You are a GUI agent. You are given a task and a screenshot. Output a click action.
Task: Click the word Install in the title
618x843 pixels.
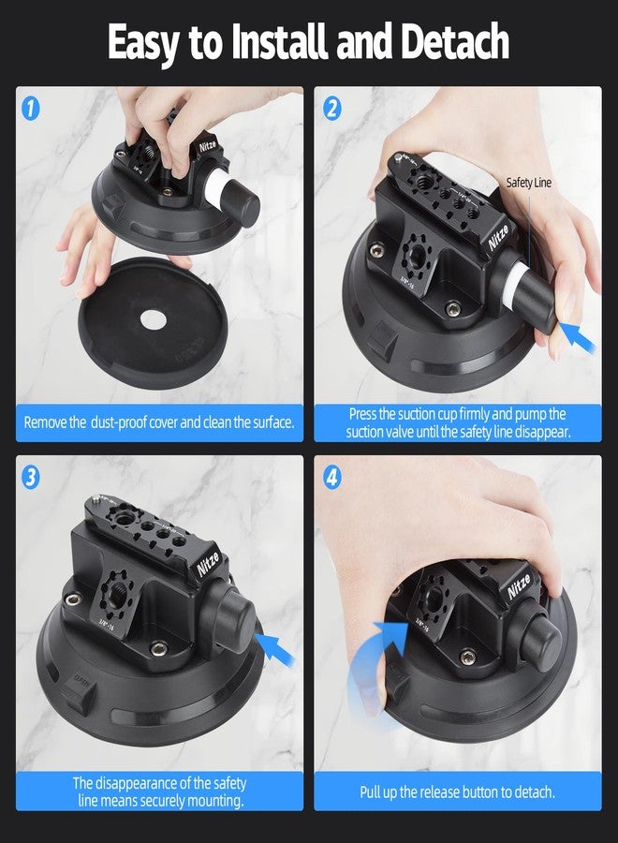(278, 42)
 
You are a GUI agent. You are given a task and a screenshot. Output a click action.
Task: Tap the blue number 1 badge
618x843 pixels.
(31, 109)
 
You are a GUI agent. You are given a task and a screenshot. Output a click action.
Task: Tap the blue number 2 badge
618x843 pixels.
(332, 109)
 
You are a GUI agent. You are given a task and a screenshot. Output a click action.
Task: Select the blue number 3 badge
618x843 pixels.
(31, 478)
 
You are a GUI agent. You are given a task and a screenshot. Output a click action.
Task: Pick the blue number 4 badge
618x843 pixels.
(332, 478)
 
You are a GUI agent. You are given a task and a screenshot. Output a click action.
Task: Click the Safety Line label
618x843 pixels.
(528, 183)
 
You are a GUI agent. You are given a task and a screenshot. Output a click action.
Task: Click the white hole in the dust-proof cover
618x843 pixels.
(154, 320)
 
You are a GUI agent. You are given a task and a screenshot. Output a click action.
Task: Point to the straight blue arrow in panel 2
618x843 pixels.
(578, 336)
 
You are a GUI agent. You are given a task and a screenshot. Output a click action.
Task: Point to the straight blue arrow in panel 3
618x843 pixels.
(275, 649)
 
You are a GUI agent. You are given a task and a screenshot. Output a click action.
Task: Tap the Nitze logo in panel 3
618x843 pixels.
(208, 564)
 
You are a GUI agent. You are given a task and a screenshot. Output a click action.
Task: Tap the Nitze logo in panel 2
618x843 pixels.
(498, 237)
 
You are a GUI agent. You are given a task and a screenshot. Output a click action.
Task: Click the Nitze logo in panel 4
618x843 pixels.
(519, 585)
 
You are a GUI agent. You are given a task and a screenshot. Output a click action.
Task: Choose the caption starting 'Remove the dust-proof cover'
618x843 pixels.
(159, 422)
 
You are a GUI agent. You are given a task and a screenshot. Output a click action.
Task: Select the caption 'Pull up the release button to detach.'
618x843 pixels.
(457, 791)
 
